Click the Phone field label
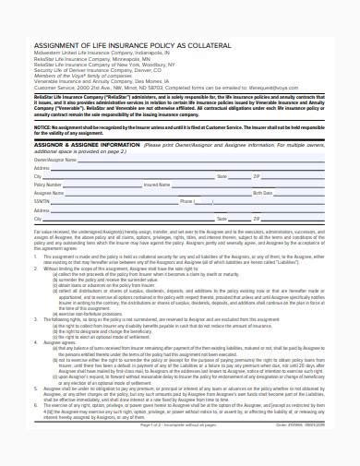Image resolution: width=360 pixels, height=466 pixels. click(187, 201)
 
